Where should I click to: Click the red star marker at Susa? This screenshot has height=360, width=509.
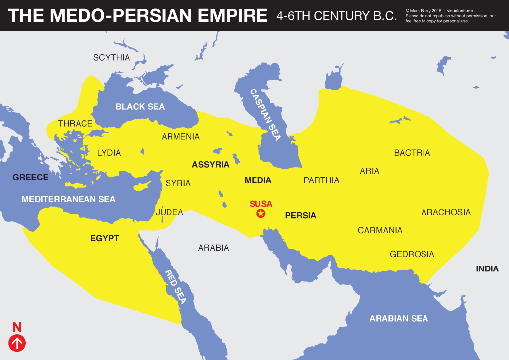[x=260, y=213]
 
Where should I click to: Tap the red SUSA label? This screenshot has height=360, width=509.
[x=261, y=204]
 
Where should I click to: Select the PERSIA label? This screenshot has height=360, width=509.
[x=300, y=216]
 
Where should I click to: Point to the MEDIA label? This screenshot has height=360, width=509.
[x=258, y=180]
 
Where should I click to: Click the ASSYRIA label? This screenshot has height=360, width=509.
[x=210, y=164]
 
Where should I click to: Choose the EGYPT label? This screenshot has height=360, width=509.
[x=104, y=238]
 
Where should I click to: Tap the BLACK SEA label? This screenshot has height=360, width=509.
[x=140, y=106]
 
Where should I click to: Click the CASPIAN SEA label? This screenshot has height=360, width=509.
[x=265, y=115]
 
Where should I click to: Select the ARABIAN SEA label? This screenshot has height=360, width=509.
[x=399, y=318]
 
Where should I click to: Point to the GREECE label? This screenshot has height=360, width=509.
[x=30, y=177]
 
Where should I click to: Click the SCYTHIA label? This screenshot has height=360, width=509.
[x=111, y=58]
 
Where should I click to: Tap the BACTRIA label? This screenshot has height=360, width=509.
[x=412, y=153]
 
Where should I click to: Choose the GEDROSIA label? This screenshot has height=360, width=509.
[x=412, y=254]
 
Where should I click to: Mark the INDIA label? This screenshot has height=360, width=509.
[x=487, y=269]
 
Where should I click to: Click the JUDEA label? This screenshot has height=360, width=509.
[x=170, y=212]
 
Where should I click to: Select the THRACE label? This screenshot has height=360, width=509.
[x=76, y=124]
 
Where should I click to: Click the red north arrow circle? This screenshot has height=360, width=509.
[x=17, y=343]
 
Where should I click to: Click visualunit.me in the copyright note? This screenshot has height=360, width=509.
[x=464, y=10]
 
